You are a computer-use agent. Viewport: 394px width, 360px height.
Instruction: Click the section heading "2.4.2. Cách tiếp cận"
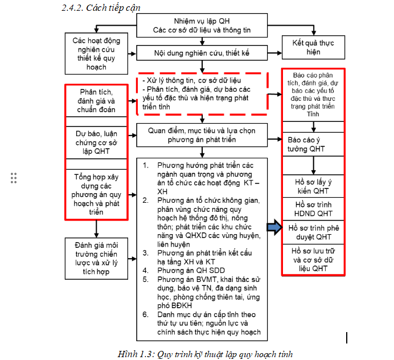coord(101,8)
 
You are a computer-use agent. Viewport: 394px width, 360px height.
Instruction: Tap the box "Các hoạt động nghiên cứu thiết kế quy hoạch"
coord(97,54)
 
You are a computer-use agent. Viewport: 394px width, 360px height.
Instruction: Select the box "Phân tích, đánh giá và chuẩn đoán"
coord(97,100)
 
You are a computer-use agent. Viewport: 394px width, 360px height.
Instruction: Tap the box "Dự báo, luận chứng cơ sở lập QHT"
coord(97,142)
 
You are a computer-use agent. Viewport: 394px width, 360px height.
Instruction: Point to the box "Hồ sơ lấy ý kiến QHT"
coord(313,186)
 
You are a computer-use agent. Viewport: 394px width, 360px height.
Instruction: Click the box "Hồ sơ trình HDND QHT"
coord(313,208)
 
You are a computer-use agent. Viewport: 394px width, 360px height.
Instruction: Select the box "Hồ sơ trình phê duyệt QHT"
coord(313,232)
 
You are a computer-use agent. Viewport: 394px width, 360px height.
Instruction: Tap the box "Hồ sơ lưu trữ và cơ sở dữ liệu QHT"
coord(313,259)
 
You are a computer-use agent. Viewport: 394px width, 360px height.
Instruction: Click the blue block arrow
coord(274,228)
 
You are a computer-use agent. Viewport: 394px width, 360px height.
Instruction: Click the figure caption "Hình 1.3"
coord(205,354)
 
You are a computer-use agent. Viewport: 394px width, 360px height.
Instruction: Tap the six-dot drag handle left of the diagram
coord(14,177)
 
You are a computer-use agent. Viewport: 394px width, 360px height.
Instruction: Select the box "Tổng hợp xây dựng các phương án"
coord(97,194)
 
